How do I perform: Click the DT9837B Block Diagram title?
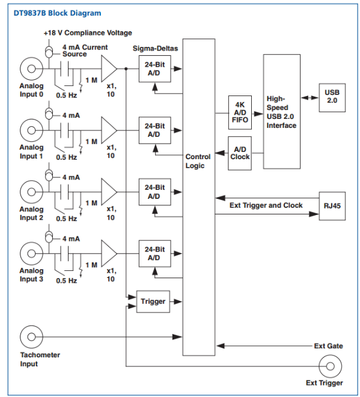click(x=57, y=13)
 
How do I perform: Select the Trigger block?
click(x=153, y=302)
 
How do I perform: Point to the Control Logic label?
click(x=198, y=161)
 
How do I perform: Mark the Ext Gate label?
click(x=328, y=346)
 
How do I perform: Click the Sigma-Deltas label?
click(x=155, y=49)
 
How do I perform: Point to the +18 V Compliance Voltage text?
click(x=88, y=33)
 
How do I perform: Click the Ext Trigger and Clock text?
click(x=266, y=205)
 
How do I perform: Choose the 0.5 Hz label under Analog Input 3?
click(x=66, y=280)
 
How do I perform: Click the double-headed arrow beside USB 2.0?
click(x=310, y=97)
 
